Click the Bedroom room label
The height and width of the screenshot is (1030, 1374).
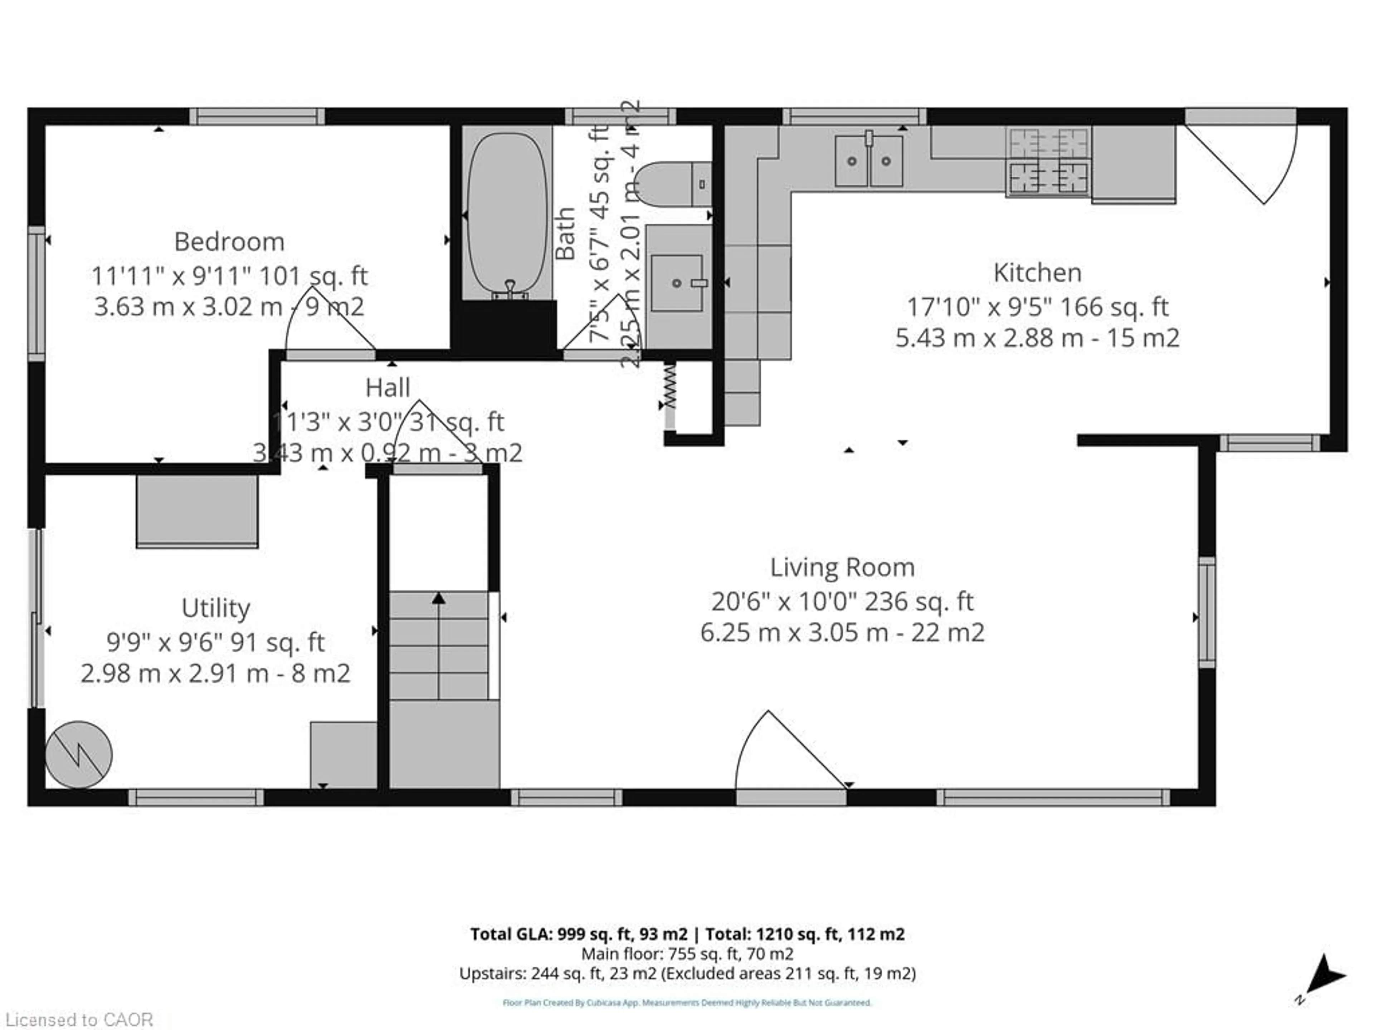(229, 241)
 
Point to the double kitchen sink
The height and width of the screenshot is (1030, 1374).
(868, 161)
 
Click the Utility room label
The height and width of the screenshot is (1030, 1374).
(215, 608)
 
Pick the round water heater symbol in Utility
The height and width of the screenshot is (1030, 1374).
(78, 754)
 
